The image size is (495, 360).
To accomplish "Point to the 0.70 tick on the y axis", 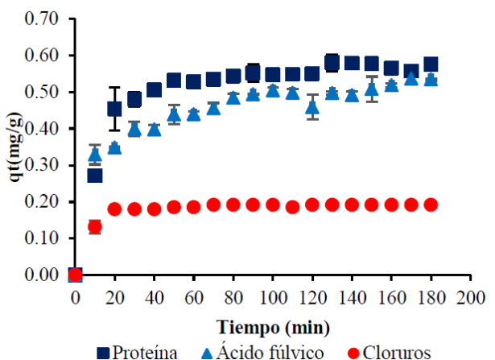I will (42, 19).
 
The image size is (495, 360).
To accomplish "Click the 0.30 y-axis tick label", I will (42, 165).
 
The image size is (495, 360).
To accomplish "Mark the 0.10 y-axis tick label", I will (42, 238).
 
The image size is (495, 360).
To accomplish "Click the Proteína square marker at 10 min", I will (95, 175).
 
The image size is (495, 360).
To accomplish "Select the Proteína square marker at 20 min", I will (114, 109).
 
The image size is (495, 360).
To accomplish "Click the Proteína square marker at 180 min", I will (431, 64).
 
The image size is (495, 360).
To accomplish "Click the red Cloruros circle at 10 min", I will (95, 227).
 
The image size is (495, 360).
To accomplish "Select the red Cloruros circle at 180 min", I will (431, 205).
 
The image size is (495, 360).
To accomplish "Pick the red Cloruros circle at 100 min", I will (273, 205).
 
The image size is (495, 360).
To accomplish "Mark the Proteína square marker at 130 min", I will (332, 62).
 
